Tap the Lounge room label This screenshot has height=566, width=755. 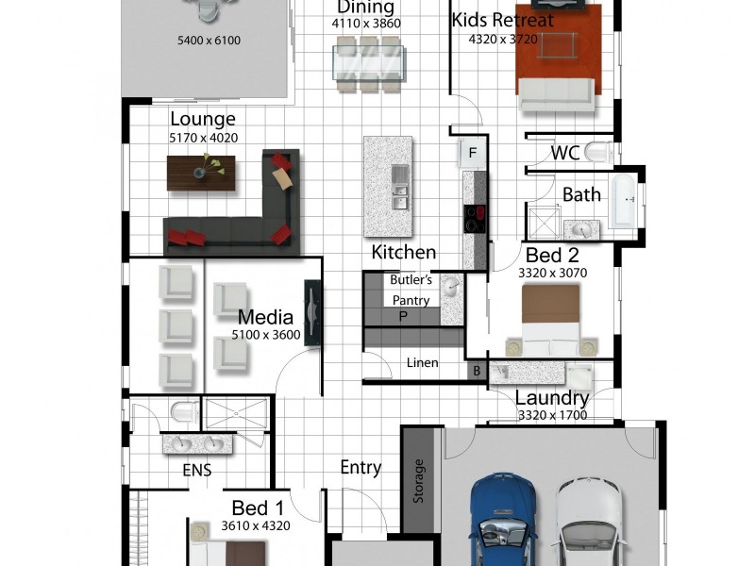point(202,119)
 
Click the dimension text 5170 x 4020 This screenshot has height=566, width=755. point(202,138)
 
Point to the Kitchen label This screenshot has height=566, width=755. point(403,252)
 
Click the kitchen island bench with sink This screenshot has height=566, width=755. point(389,185)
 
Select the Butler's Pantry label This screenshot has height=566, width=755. point(411,290)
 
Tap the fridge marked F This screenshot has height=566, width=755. point(473,152)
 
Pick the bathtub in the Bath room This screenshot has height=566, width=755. point(623,201)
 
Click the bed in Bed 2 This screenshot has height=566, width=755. point(551,321)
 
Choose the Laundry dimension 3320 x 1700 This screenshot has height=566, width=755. point(552,415)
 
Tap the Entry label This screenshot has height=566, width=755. point(361,467)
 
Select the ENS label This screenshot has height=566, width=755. point(196,470)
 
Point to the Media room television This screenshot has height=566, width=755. point(312,314)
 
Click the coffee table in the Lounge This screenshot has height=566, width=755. point(201,171)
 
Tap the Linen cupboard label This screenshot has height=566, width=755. point(421,363)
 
